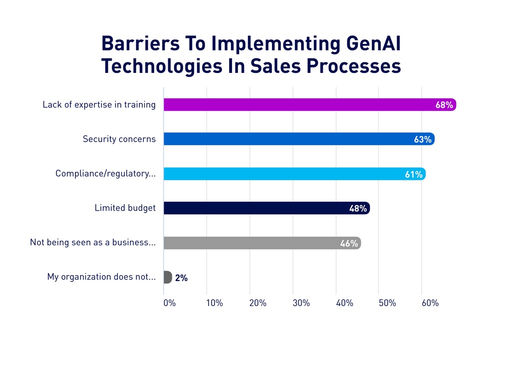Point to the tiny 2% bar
(168, 277)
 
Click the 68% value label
(444, 105)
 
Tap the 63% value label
(423, 139)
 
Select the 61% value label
(414, 174)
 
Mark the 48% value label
(358, 209)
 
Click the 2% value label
(181, 278)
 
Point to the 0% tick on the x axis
(170, 303)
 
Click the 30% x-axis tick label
(301, 303)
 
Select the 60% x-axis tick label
(430, 303)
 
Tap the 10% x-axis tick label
(215, 303)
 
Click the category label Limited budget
(125, 208)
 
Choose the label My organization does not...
(101, 277)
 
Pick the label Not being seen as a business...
(93, 243)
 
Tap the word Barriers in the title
(141, 44)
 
